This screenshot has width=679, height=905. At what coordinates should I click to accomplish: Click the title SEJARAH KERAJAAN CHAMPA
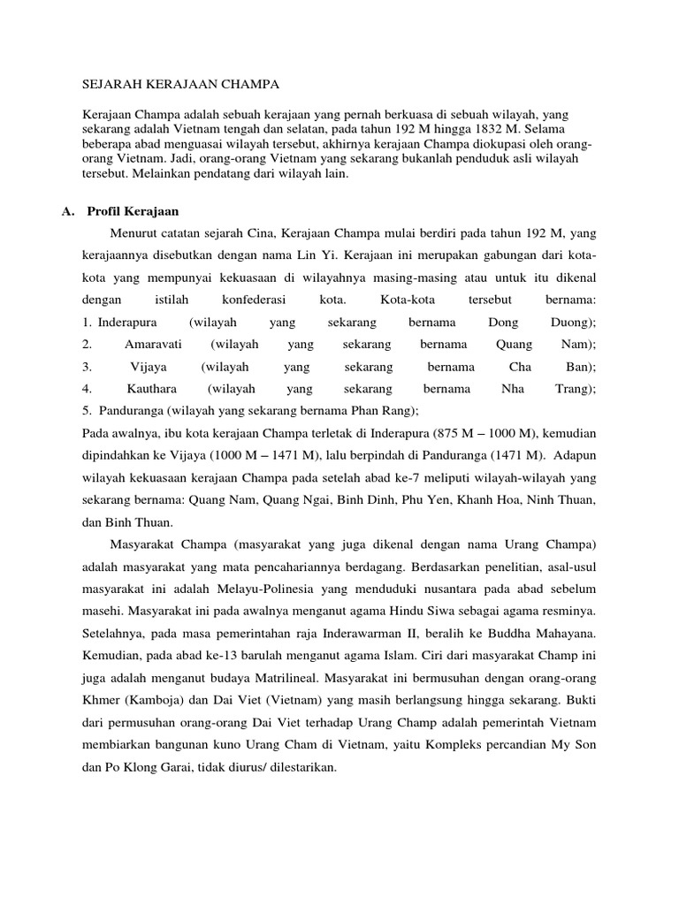[x=180, y=84]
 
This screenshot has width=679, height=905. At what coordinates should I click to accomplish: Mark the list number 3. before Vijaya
[x=87, y=367]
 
